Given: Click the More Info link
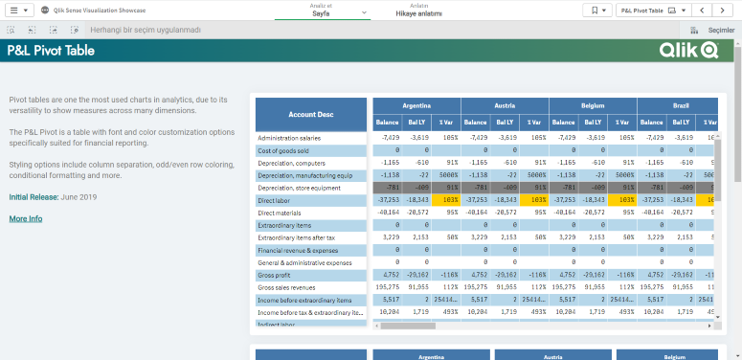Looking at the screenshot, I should [x=26, y=219].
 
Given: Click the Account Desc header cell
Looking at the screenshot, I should [x=311, y=114].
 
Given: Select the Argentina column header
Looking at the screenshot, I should [x=416, y=104].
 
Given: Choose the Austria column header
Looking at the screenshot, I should [x=505, y=104].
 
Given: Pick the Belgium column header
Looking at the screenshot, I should [x=593, y=104].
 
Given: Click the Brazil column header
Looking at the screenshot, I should [x=681, y=104].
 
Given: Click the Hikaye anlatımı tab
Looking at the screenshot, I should [x=418, y=11].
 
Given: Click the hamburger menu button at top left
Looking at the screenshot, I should [x=19, y=11].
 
